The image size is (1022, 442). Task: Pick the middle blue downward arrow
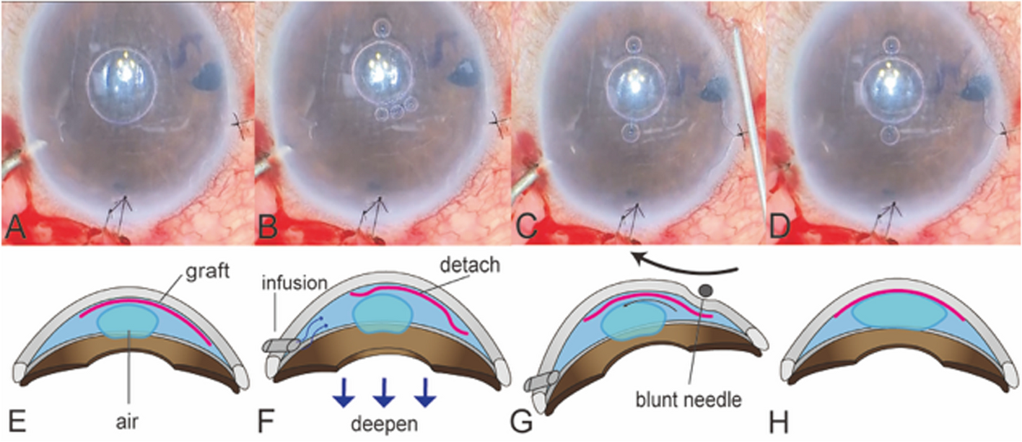[x=384, y=393]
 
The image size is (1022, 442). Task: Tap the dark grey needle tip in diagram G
[x=706, y=291]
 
